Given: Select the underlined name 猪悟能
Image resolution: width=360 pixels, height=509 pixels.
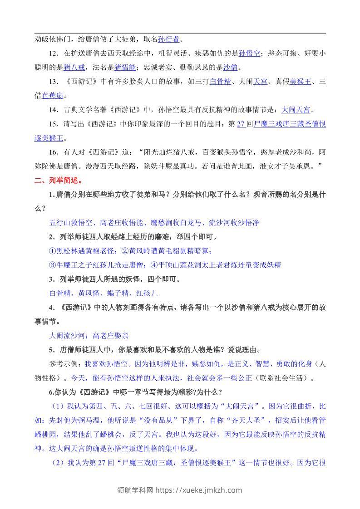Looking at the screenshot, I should tap(124, 68).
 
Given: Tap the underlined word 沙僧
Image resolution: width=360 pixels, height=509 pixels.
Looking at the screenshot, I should tap(230, 68).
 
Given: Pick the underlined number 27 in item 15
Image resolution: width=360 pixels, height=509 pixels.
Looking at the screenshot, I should tap(241, 124).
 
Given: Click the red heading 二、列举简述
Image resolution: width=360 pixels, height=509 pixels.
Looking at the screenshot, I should tap(58, 180).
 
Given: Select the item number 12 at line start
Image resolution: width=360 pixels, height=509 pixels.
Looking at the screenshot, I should tap(54, 53).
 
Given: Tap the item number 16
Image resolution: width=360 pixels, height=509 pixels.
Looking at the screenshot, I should tap(54, 152).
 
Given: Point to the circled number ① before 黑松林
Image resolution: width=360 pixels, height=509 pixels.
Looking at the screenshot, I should tap(52, 250).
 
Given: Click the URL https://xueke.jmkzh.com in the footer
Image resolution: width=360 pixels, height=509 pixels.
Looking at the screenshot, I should tap(199, 490).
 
